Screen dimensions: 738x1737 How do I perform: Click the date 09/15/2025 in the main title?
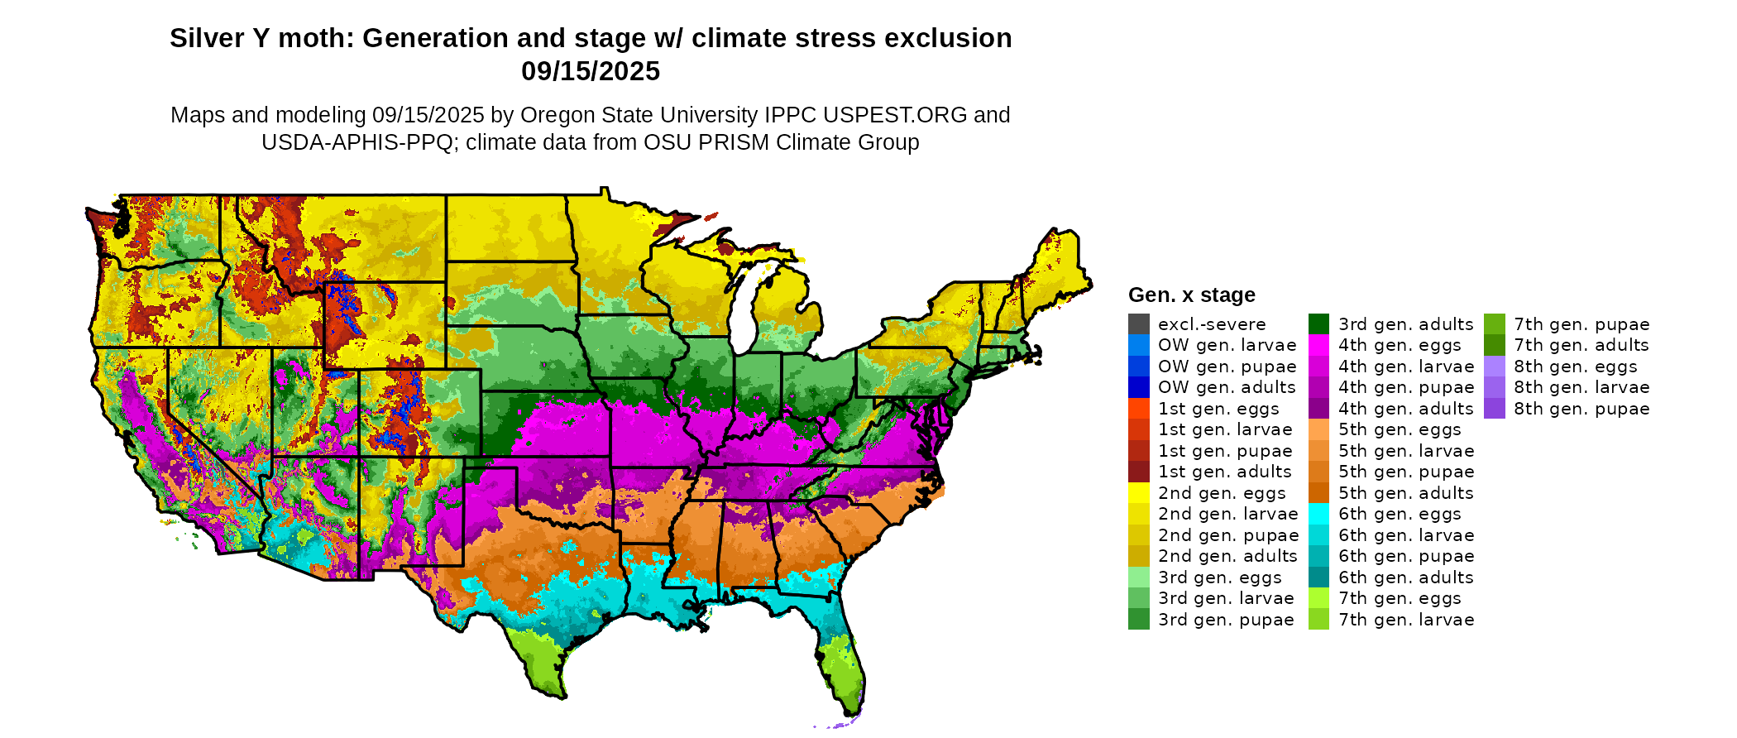pos(590,71)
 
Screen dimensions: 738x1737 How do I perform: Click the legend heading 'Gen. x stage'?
pos(1191,295)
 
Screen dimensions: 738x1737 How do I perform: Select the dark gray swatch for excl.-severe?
pos(1138,324)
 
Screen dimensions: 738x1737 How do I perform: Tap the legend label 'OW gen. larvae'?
pos(1227,346)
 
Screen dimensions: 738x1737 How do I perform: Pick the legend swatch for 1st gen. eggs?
pos(1138,409)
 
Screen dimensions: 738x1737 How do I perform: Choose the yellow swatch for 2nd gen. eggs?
pos(1138,493)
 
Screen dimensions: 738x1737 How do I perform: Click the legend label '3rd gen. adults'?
pos(1405,324)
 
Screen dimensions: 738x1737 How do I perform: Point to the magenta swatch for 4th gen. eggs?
pos(1318,346)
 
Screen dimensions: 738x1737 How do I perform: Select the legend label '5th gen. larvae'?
pos(1406,451)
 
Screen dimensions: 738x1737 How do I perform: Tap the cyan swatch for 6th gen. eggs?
pos(1318,514)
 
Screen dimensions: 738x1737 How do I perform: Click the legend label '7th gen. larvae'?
pos(1406,620)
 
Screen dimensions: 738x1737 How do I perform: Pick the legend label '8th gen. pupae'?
pos(1581,409)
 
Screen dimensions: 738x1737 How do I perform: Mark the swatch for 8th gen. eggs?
pos(1494,367)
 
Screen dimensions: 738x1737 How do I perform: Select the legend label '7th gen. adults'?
pos(1581,346)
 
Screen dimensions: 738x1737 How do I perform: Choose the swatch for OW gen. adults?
pos(1138,387)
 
